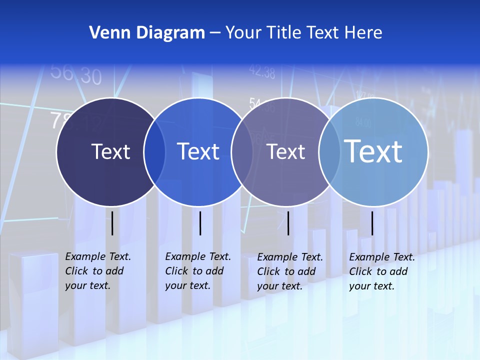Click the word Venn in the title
(x=106, y=33)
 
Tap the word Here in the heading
(x=363, y=33)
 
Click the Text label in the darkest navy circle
(x=110, y=151)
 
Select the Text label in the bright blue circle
(x=198, y=151)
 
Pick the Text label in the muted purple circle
(x=285, y=151)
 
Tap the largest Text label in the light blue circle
(x=373, y=151)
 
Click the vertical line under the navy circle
(x=112, y=223)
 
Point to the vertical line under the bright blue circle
(x=200, y=223)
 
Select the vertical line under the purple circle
(x=288, y=223)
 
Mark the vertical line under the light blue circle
(x=372, y=223)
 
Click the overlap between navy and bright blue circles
(x=154, y=152)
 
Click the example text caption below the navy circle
(x=97, y=271)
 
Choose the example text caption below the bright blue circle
(x=197, y=271)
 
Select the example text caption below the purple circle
(x=289, y=271)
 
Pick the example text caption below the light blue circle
(x=381, y=271)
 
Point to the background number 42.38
(x=262, y=72)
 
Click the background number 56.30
(x=76, y=74)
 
